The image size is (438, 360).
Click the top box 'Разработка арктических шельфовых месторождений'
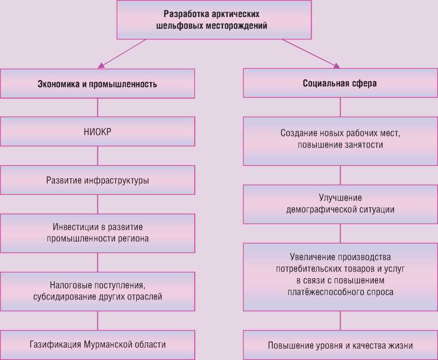point(215,20)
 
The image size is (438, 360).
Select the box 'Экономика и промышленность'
point(97,83)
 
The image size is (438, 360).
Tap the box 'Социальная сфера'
point(340,83)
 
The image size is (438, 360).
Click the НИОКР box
point(97,131)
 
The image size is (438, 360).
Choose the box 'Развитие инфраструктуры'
point(97,181)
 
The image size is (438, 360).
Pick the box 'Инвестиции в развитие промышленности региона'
point(97,233)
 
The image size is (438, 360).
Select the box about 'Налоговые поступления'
point(97,292)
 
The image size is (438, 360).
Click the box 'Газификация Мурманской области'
point(97,344)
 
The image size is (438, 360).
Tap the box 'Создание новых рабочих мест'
point(340,140)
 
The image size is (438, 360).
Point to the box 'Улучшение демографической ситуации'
point(340,204)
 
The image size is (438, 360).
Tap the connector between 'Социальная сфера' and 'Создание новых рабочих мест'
point(340,107)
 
